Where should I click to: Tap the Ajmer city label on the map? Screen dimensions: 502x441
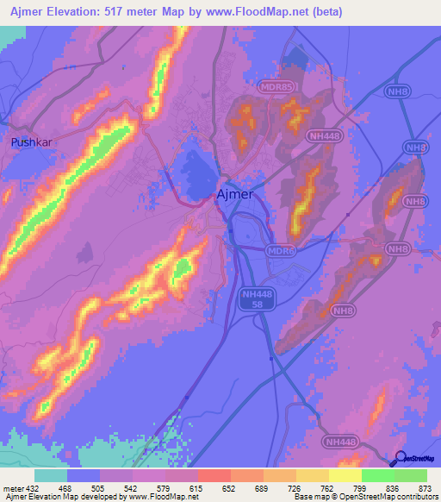click(x=234, y=194)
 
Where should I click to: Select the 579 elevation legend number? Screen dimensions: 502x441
click(x=164, y=487)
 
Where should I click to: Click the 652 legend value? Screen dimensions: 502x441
click(x=230, y=487)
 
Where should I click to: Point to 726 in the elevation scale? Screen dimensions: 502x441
click(x=295, y=487)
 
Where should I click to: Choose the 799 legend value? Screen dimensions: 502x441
click(x=360, y=487)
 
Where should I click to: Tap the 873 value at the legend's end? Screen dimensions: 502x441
click(x=425, y=487)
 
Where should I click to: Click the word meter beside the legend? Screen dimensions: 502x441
click(x=12, y=487)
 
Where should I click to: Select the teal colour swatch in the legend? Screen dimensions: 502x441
click(x=50, y=475)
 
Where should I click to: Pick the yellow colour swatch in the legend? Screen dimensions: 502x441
click(x=345, y=475)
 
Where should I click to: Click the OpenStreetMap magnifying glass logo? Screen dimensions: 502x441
click(x=400, y=459)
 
